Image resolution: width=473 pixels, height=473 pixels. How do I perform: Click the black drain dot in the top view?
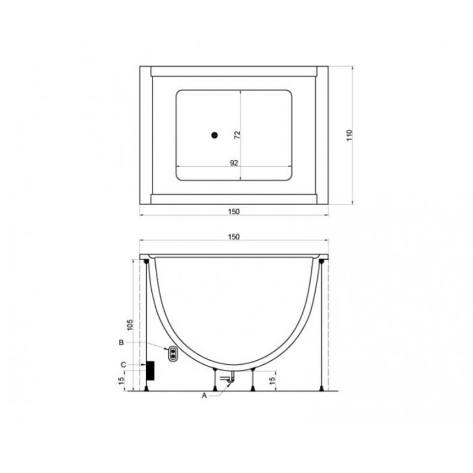215,135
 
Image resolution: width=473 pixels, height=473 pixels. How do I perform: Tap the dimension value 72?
237,135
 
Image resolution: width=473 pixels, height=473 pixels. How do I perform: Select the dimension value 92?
234,163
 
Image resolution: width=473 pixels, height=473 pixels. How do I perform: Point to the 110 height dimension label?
349,135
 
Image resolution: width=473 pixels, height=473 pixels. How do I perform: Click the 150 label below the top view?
234,211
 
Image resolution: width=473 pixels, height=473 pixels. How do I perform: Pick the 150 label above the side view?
234,237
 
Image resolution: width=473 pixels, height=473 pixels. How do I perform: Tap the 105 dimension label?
130,324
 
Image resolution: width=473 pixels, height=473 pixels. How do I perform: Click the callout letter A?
204,396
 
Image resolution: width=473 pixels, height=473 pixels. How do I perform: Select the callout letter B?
121,343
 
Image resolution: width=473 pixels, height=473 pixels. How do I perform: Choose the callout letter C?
123,365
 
